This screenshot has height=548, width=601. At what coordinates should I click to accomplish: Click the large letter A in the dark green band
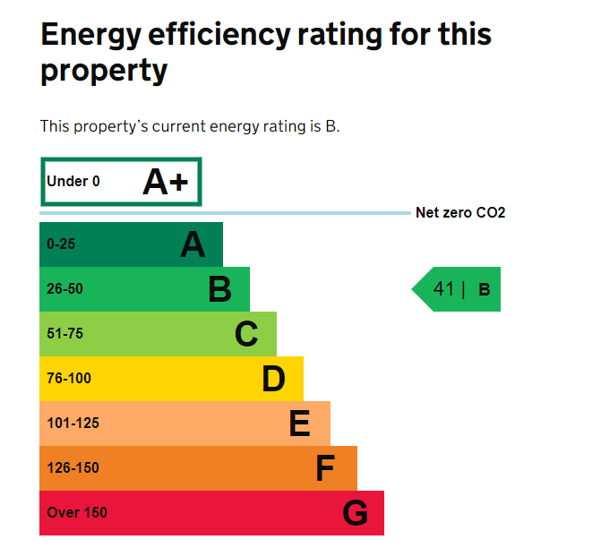pos(193,244)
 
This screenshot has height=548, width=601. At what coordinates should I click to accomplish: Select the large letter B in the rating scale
pos(219,289)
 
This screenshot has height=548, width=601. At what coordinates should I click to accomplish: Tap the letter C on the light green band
pos(246,334)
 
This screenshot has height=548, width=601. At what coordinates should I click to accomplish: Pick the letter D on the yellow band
pos(273,379)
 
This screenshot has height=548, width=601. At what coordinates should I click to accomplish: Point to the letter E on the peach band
pos(299,424)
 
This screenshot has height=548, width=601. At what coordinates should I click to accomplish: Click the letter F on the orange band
pos(325,468)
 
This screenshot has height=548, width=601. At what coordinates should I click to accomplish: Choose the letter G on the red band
pos(355,513)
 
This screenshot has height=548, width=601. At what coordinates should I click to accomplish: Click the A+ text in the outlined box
pos(166,182)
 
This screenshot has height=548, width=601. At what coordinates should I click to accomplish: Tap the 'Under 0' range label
pos(73,182)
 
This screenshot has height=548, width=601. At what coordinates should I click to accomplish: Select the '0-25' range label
pos(62,244)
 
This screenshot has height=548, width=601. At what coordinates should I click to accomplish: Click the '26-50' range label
pos(64,289)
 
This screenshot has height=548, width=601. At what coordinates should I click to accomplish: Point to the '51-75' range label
pos(64,334)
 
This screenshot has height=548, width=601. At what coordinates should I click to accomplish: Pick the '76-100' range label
pos(69,379)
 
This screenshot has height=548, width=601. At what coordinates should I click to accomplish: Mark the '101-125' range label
pos(73,424)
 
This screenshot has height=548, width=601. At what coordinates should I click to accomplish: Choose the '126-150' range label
pos(73,468)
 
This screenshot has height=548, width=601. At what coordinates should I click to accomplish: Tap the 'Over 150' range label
pos(77,513)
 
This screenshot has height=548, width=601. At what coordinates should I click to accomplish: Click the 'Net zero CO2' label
pos(460,213)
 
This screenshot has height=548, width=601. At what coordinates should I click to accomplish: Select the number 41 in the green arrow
pos(443,289)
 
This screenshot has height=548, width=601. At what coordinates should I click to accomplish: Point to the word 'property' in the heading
pos(104,71)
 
